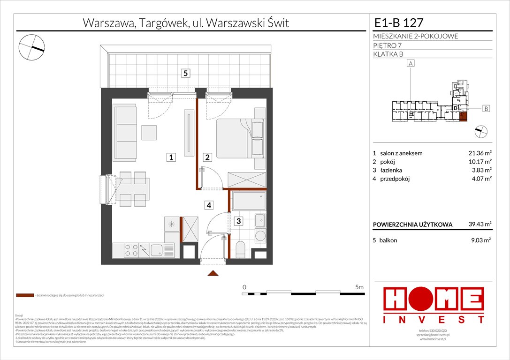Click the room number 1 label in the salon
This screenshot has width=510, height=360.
[x=172, y=158]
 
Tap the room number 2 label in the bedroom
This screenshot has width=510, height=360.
[x=207, y=158]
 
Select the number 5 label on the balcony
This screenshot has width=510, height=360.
[x=186, y=73]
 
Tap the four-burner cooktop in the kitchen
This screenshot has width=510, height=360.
[x=131, y=250]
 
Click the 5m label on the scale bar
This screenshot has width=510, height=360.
[x=360, y=286]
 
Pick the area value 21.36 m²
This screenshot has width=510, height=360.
[x=481, y=153]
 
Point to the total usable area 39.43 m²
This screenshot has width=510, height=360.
[x=481, y=225]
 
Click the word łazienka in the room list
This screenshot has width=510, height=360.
[x=390, y=170]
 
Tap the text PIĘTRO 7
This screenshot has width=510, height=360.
[x=388, y=45]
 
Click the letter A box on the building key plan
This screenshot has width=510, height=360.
[x=411, y=63]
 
